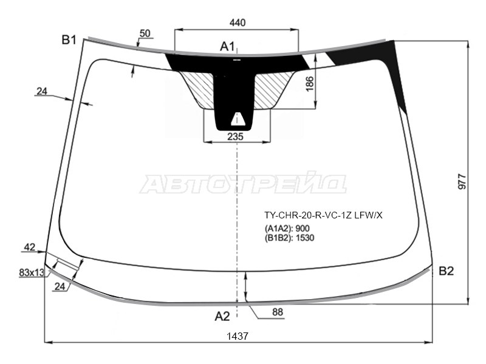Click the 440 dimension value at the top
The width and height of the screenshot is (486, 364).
coord(238,22)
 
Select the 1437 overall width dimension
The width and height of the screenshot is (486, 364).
coord(238,336)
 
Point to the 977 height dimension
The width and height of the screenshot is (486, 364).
coord(462,181)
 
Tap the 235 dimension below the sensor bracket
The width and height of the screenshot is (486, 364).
coord(235,136)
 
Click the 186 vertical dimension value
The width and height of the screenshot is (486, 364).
coord(310,84)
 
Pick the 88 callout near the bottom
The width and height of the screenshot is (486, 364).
coord(278,312)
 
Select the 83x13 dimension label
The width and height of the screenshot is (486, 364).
coord(32,272)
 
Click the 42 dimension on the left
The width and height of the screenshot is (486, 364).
coord(30,247)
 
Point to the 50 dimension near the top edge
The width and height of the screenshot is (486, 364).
coord(145,33)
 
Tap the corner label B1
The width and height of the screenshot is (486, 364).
coord(69,40)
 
